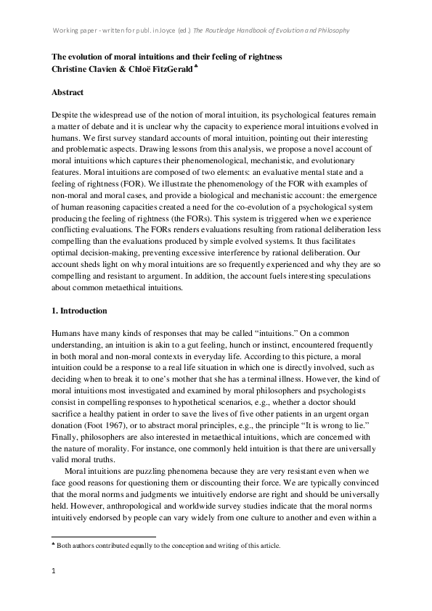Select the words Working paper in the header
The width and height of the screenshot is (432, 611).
(x=79, y=30)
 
